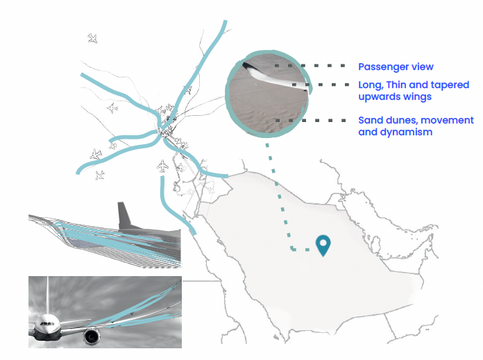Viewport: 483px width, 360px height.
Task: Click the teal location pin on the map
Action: [x=323, y=245]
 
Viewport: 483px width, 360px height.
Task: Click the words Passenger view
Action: [x=396, y=67]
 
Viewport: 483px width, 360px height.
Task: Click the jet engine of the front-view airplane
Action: [x=91, y=336]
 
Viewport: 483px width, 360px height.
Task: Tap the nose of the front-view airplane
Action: [x=46, y=324]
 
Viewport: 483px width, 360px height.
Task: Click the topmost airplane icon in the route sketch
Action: [x=93, y=38]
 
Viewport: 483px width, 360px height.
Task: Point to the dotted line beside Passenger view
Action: [x=310, y=66]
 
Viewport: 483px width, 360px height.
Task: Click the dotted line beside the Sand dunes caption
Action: [x=310, y=120]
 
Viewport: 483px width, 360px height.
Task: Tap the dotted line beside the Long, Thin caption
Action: [x=320, y=85]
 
